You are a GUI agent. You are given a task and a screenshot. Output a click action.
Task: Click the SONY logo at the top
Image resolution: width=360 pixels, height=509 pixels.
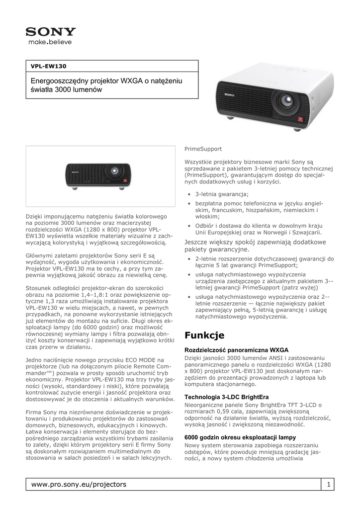(51, 32)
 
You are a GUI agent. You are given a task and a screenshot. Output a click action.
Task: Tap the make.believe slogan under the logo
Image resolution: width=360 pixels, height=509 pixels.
(50, 42)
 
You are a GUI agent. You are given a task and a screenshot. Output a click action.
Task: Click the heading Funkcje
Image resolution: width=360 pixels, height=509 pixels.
(204, 335)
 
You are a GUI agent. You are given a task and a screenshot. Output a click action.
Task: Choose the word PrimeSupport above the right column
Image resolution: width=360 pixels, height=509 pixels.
(203, 149)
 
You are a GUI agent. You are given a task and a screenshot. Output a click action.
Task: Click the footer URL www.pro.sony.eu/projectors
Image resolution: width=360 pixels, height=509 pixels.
(79, 484)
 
